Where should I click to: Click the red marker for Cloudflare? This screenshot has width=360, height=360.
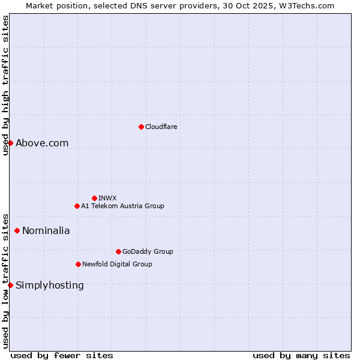pyautogui.click(x=141, y=127)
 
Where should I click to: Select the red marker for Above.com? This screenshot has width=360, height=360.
pyautogui.click(x=10, y=143)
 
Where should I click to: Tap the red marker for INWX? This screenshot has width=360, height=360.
pyautogui.click(x=94, y=198)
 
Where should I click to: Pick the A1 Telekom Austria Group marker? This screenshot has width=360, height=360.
pyautogui.click(x=77, y=206)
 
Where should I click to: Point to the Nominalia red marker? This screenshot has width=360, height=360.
pyautogui.click(x=17, y=230)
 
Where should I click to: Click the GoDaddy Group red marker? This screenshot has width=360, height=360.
pyautogui.click(x=118, y=251)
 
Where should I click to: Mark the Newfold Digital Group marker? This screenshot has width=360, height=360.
pyautogui.click(x=78, y=264)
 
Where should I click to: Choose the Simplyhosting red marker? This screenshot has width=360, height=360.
pyautogui.click(x=10, y=285)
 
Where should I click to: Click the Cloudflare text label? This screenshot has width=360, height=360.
pyautogui.click(x=161, y=127)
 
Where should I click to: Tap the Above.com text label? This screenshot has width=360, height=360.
pyautogui.click(x=42, y=143)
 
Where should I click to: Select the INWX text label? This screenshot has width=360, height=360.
pyautogui.click(x=107, y=198)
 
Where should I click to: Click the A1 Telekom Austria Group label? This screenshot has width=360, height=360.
pyautogui.click(x=122, y=206)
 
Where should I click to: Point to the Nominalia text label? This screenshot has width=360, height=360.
pyautogui.click(x=46, y=230)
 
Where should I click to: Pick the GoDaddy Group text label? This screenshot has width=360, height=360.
pyautogui.click(x=148, y=251)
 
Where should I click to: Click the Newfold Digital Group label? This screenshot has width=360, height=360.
pyautogui.click(x=117, y=264)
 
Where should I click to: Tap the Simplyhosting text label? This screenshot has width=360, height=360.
pyautogui.click(x=50, y=285)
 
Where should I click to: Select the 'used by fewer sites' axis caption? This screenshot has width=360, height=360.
pyautogui.click(x=62, y=355)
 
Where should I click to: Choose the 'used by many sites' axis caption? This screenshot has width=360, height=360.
pyautogui.click(x=301, y=355)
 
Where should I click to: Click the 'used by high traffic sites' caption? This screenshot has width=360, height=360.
pyautogui.click(x=5, y=85)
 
